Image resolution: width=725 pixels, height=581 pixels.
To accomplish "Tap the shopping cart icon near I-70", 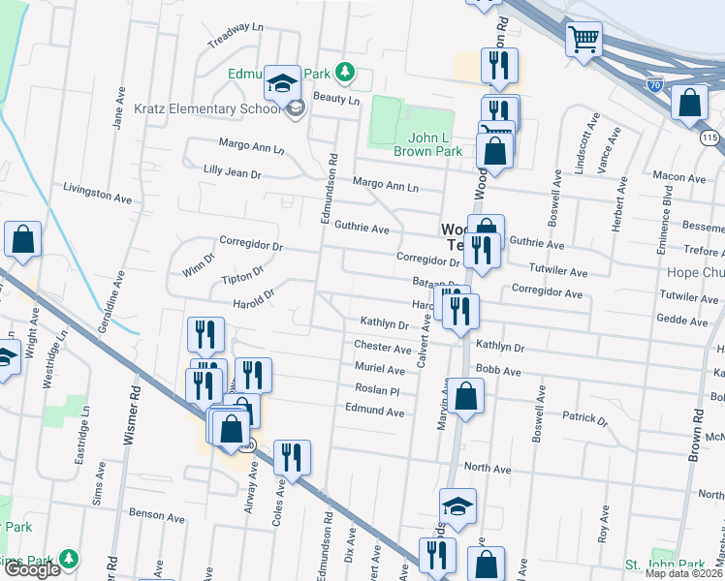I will (584, 41).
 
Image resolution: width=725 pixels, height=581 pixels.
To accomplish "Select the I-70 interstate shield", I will (655, 84).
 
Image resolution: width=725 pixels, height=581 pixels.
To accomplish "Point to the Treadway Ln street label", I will (236, 37).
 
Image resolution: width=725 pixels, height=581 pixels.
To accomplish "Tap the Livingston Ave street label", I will (97, 192).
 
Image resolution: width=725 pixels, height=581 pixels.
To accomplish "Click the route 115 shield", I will (711, 139).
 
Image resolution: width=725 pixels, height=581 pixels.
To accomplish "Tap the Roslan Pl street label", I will (377, 390).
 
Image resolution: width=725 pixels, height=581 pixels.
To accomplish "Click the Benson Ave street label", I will (156, 517).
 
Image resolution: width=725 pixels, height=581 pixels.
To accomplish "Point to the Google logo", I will (32, 568).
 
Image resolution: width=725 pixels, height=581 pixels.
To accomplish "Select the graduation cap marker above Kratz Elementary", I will (283, 83).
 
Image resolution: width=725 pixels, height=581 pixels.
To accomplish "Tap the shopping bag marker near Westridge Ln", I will (22, 240).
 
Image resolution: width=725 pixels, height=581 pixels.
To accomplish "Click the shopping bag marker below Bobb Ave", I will (466, 397).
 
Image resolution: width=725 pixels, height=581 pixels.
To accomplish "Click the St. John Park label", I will (664, 565).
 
